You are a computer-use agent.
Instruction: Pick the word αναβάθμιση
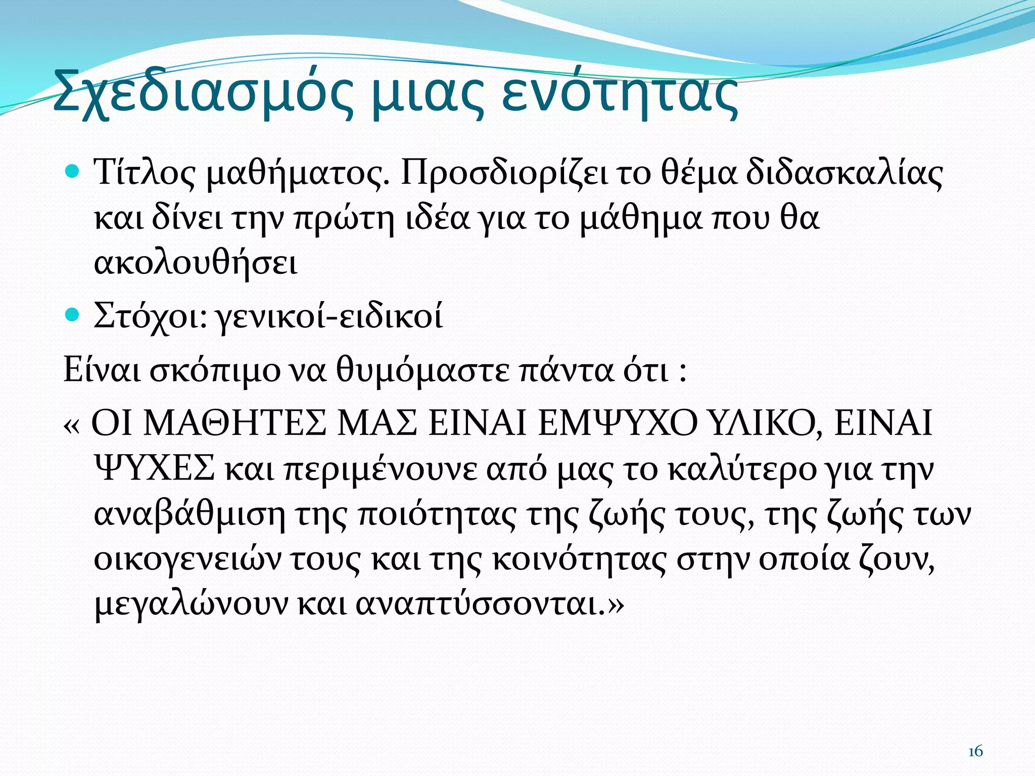tap(190, 514)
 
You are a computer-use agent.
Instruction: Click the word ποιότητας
tap(438, 514)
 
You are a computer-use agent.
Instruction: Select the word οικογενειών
tap(187, 560)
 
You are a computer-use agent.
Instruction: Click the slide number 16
tap(975, 752)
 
